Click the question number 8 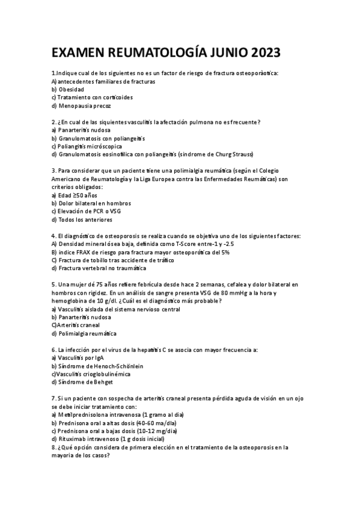(x=54, y=447)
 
